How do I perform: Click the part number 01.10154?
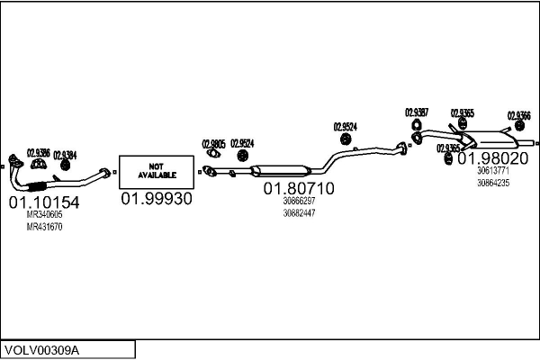(44, 203)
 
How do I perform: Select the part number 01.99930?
(157, 199)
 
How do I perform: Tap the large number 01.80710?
(298, 189)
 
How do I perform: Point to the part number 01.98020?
(492, 157)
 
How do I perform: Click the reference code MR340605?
(44, 215)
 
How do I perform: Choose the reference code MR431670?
(44, 227)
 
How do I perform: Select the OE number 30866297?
(299, 202)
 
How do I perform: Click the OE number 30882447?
(299, 213)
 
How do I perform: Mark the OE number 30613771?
(492, 171)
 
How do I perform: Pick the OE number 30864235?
(492, 183)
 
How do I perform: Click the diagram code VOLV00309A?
(41, 349)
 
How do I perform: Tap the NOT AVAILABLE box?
(157, 169)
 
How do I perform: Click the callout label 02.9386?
(38, 152)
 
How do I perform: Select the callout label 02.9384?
(65, 155)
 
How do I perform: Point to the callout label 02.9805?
(213, 144)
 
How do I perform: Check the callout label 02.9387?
(417, 112)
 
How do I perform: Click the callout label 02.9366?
(518, 115)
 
